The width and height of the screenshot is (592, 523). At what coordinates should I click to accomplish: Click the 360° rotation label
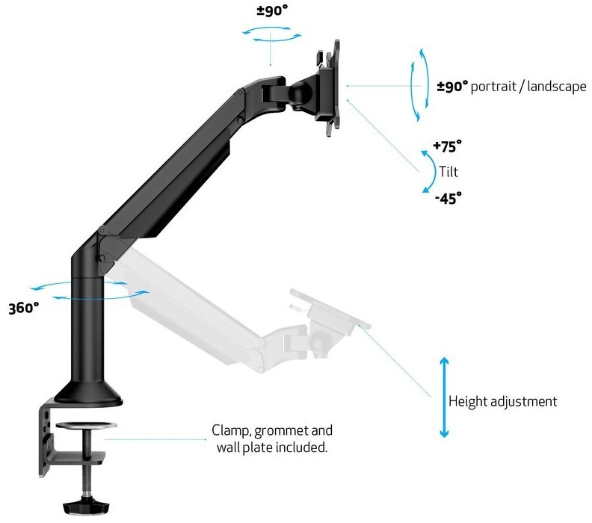point(23,308)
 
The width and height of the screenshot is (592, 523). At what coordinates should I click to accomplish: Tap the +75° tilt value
point(447,146)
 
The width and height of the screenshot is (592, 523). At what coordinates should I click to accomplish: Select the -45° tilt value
point(448,198)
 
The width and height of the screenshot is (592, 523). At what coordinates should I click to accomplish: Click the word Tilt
point(448,172)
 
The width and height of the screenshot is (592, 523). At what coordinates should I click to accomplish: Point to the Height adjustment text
point(502,400)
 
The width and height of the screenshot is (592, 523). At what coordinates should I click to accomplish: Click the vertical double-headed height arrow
point(445,397)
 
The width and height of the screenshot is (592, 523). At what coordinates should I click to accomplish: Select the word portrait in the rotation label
point(493,87)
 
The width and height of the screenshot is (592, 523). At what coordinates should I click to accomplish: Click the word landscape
point(557,87)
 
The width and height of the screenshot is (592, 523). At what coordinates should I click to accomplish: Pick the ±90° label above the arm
point(272,10)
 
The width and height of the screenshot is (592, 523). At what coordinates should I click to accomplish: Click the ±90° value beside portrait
point(452,87)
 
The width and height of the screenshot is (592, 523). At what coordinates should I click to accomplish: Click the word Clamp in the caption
point(232,430)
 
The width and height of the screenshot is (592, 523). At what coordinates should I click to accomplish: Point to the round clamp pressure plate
point(87,426)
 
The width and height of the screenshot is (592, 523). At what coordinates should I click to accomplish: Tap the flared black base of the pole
point(88,394)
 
